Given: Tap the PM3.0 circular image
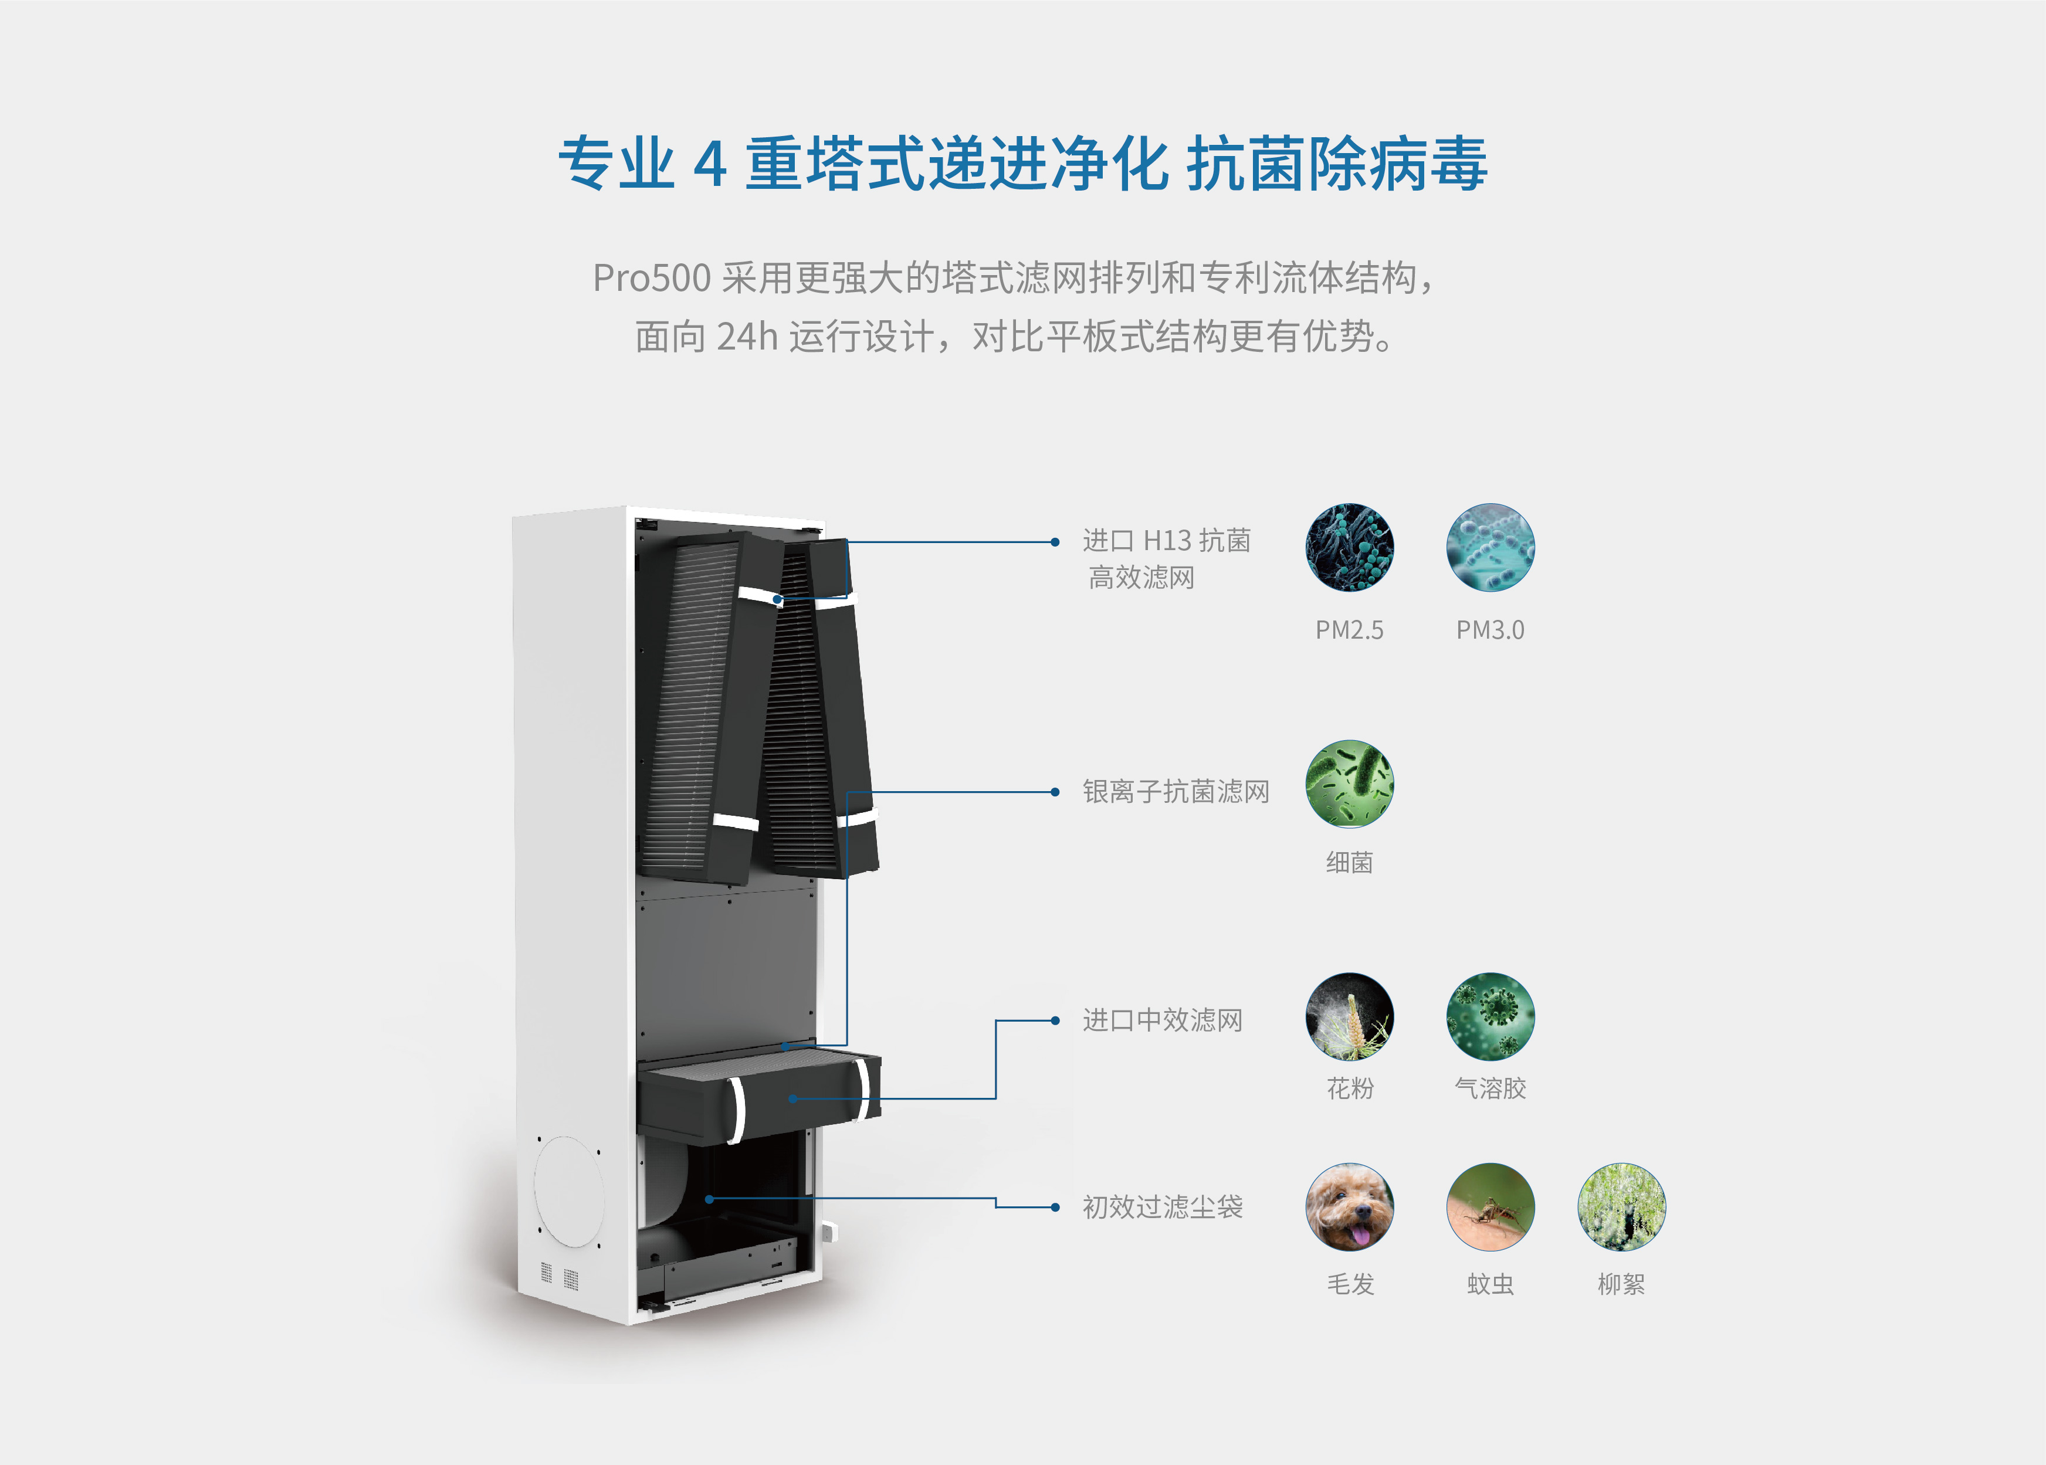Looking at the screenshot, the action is tap(1491, 548).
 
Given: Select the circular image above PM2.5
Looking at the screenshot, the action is tap(1350, 548).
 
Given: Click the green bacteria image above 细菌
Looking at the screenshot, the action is tap(1350, 784).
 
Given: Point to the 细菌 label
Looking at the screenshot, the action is tap(1350, 862).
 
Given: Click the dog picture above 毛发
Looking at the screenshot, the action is tap(1350, 1207).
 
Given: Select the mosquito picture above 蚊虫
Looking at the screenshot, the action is tap(1491, 1207).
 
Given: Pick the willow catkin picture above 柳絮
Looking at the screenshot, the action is tap(1621, 1207).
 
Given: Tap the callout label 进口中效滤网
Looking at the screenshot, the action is tap(1162, 1020).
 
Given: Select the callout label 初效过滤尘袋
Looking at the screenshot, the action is tap(1162, 1207).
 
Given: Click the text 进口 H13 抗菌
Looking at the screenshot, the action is tap(1167, 540).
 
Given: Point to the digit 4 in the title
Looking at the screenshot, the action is tap(710, 164).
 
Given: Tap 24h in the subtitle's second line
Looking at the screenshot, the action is tap(747, 337).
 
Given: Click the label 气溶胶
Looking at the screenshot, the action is tap(1491, 1088).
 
